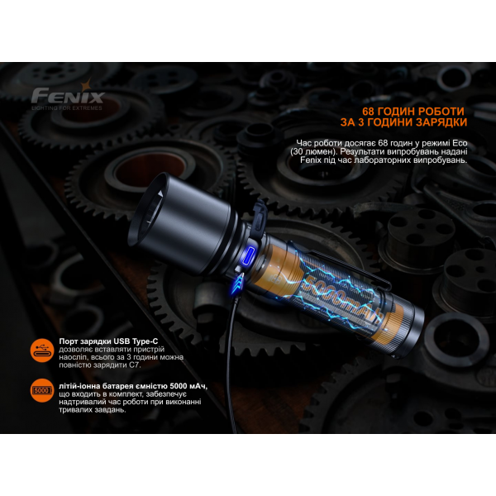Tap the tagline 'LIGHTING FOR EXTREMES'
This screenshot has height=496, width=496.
68,107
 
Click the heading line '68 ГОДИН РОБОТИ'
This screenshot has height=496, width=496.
413,112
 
